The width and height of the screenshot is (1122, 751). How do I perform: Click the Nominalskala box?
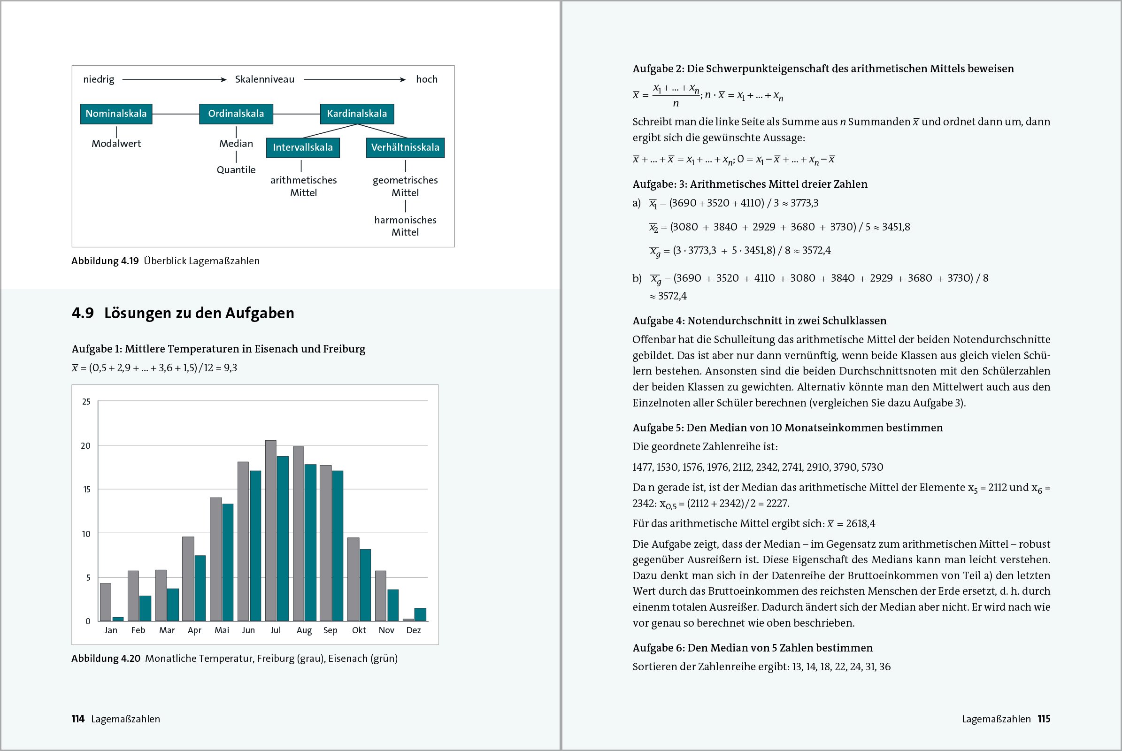(116, 114)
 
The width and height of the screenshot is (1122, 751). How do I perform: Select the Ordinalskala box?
(236, 114)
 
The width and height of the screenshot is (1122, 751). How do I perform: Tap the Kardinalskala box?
(357, 114)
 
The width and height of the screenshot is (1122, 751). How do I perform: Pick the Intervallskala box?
(303, 147)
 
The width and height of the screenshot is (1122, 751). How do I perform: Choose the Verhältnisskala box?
(405, 147)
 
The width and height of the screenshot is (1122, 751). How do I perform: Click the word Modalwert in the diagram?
(116, 144)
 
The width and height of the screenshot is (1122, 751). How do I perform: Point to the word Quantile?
(236, 170)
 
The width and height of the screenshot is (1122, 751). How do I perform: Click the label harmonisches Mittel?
(405, 226)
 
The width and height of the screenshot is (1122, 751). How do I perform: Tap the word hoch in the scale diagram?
(426, 79)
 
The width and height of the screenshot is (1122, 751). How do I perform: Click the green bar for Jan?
(118, 619)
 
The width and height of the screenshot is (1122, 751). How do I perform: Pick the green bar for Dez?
(420, 614)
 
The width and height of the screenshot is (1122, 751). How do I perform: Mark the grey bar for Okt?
(353, 579)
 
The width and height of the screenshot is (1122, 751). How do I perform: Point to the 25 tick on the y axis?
(86, 402)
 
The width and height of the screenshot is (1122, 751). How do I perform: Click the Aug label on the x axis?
(304, 630)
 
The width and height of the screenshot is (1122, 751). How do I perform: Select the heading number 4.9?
(83, 313)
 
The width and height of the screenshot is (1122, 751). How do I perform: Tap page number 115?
(1044, 719)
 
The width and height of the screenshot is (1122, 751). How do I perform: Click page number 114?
(77, 719)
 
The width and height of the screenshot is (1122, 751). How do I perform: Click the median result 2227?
(776, 503)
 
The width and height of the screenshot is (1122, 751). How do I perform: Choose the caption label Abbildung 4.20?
(106, 659)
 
